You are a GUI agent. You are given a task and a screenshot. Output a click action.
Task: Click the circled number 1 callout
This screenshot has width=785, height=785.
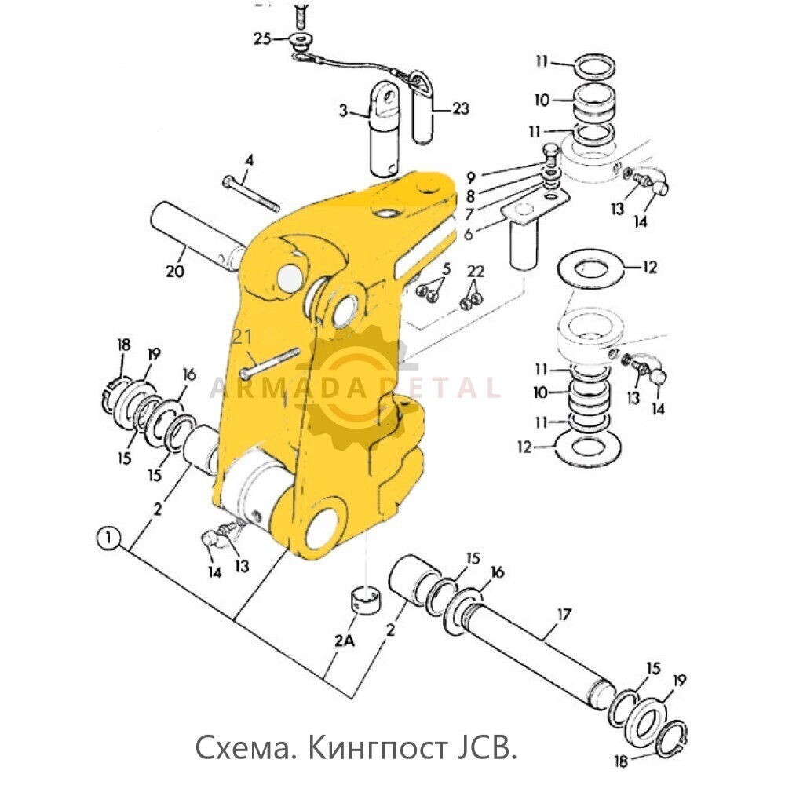coord(108,539)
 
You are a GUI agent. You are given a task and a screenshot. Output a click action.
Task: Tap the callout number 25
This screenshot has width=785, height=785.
coord(261,38)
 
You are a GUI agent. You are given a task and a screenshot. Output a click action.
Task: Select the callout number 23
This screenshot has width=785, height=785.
coord(460,108)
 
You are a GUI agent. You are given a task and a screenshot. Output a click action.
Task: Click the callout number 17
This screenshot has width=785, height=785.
coord(565,613)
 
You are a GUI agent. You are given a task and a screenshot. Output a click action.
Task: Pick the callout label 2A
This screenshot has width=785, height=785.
coord(344,641)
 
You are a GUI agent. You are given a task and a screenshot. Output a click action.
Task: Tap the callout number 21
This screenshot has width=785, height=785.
coord(243,338)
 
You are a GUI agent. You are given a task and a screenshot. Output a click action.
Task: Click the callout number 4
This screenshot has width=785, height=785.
coord(249,161)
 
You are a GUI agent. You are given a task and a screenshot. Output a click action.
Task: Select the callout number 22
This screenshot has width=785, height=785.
coord(476,272)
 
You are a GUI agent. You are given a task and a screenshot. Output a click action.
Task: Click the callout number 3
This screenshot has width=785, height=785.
coord(343,111)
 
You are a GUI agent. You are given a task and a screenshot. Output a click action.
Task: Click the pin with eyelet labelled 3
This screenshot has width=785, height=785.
coord(387,126)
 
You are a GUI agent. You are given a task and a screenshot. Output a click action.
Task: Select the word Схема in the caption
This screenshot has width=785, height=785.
coord(243,747)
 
